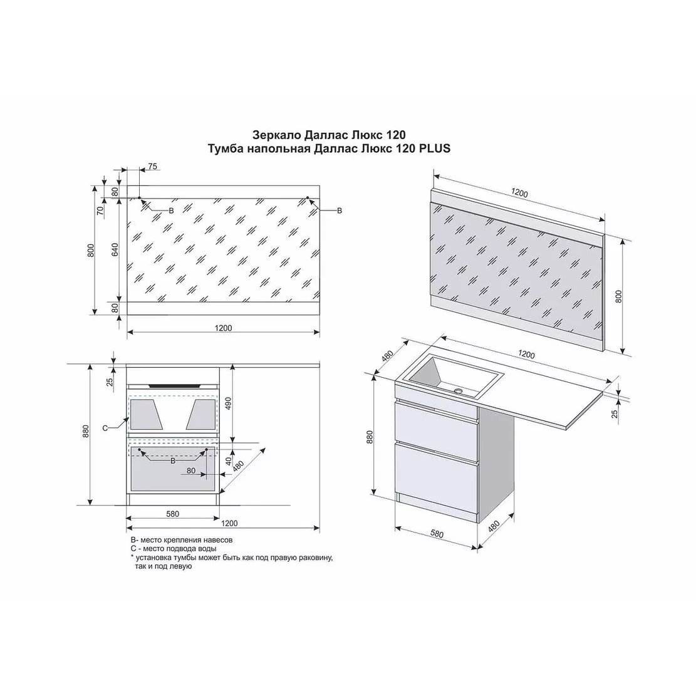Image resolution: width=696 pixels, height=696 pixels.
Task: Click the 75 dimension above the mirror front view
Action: click(x=152, y=167)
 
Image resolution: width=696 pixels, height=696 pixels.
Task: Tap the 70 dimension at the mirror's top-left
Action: click(x=100, y=210)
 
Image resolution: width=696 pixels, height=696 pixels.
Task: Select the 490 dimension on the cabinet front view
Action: click(x=229, y=403)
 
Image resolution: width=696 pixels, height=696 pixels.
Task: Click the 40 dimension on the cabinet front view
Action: click(x=229, y=461)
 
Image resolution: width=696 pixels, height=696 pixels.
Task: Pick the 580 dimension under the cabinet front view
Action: click(x=173, y=514)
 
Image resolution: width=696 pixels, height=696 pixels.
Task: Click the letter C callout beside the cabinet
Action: click(x=105, y=429)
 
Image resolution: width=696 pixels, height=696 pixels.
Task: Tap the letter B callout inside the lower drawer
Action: click(x=173, y=460)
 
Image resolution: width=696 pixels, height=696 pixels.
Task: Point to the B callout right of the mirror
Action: click(x=340, y=210)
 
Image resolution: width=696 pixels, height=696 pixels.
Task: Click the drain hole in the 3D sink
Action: click(x=458, y=392)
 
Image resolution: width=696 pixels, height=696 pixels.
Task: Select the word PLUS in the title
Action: click(x=434, y=148)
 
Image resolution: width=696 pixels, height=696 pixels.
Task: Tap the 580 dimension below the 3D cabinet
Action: click(x=437, y=533)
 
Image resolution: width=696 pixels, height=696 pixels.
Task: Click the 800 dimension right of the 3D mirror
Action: click(x=619, y=296)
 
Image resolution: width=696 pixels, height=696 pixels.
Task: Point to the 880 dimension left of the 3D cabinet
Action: click(x=370, y=437)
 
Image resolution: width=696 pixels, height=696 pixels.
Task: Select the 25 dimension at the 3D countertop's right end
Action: click(x=615, y=413)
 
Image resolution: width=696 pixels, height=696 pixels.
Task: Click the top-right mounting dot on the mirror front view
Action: click(x=308, y=198)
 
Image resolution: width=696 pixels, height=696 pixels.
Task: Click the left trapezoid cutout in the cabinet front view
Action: click(x=144, y=413)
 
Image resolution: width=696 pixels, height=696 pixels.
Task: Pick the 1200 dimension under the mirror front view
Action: click(x=223, y=328)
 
